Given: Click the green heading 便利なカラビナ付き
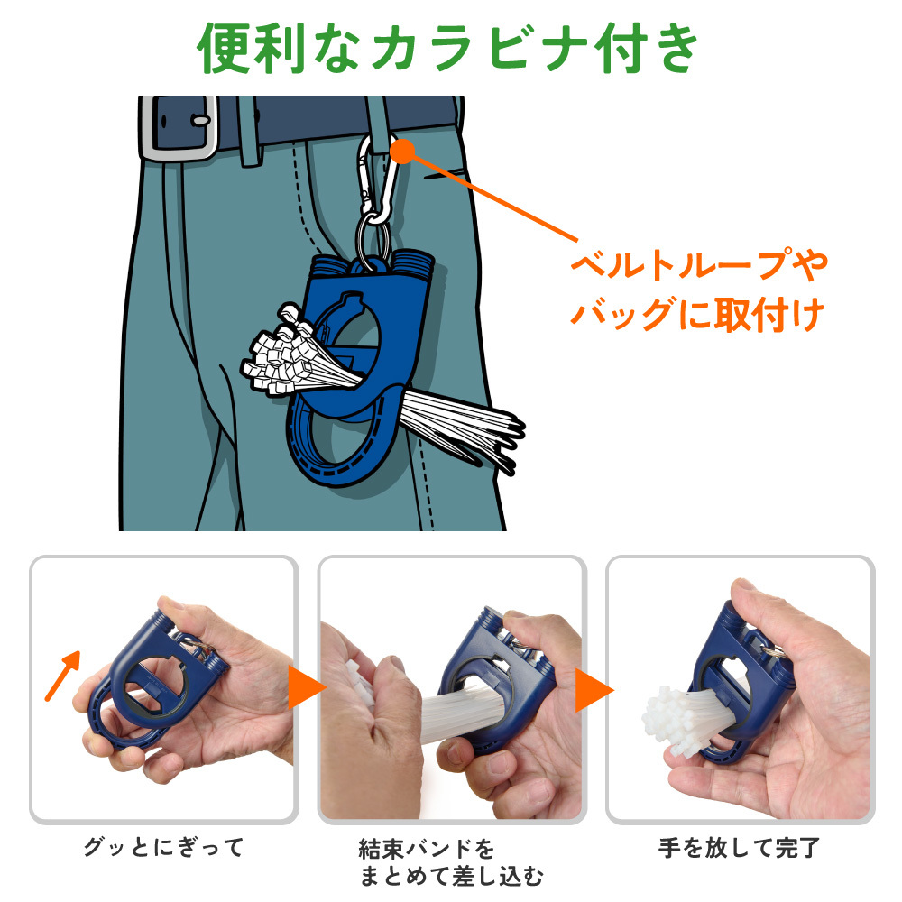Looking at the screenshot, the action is click(447, 49).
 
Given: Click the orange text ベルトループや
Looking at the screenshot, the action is click(699, 266).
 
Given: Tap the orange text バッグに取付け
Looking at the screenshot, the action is click(696, 314).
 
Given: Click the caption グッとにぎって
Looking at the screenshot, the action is click(164, 847).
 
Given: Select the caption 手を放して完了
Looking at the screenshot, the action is click(740, 848).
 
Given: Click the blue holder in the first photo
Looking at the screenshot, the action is click(156, 679).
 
